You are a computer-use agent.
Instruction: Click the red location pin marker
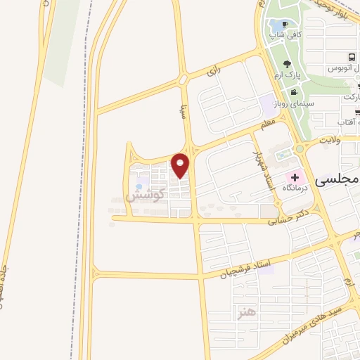point(181,166)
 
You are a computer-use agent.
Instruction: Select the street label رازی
point(213,70)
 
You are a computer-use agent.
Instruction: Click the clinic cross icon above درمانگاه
point(294,176)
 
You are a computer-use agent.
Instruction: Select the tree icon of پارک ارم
point(288,64)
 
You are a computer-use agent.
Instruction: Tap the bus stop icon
point(349,58)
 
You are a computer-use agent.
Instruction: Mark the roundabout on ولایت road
point(300,149)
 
